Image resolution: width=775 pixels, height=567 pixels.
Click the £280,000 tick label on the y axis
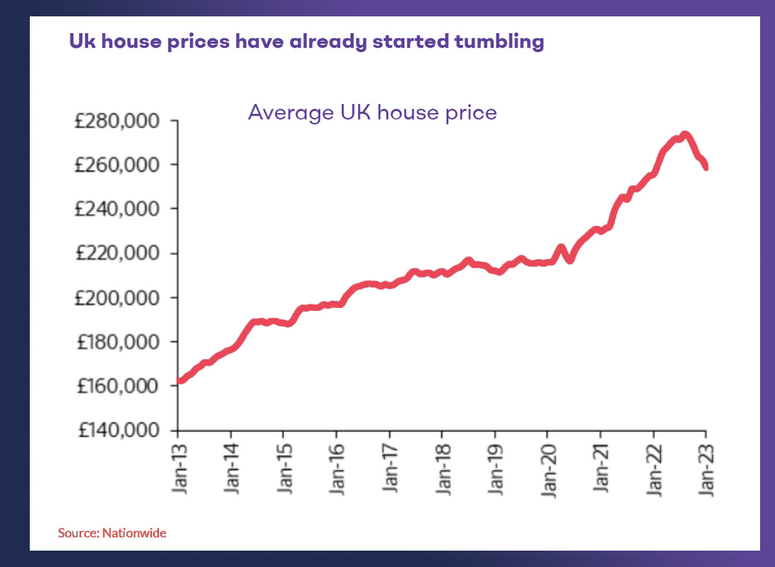coord(122,121)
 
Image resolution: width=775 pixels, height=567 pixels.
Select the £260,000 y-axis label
coord(122,164)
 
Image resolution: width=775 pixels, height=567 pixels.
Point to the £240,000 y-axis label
coord(122,209)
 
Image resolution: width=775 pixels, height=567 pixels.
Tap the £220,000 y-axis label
coord(122,254)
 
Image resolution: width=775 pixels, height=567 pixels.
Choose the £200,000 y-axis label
coord(122,298)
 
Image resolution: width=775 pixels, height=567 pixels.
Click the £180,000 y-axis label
coord(122,342)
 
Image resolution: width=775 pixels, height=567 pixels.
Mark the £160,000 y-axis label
coord(122,386)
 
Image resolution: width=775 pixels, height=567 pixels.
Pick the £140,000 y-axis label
coord(122,431)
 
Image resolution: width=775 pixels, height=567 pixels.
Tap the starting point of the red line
coord(180,381)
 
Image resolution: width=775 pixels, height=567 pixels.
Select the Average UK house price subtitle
coord(372,113)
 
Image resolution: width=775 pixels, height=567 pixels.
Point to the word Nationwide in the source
coord(134,533)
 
